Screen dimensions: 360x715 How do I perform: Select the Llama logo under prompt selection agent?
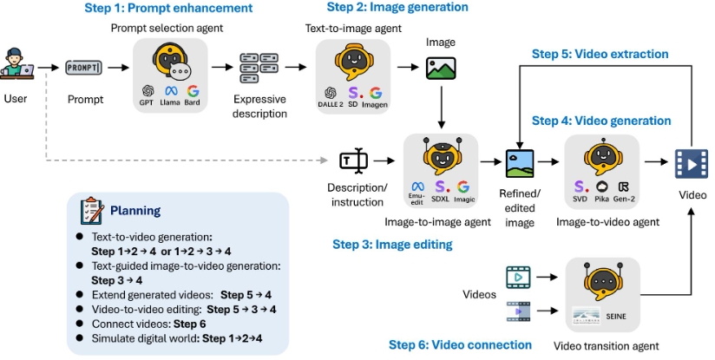click(169, 90)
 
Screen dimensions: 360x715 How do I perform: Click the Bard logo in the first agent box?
click(192, 90)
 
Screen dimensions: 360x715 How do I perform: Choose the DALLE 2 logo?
click(330, 93)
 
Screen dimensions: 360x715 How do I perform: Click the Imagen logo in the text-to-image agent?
click(376, 93)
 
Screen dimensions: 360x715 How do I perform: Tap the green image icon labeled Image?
click(441, 68)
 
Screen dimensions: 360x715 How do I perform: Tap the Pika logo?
click(600, 186)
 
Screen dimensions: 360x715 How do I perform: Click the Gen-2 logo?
click(622, 186)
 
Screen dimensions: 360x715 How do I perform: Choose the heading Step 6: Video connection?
click(460, 344)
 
